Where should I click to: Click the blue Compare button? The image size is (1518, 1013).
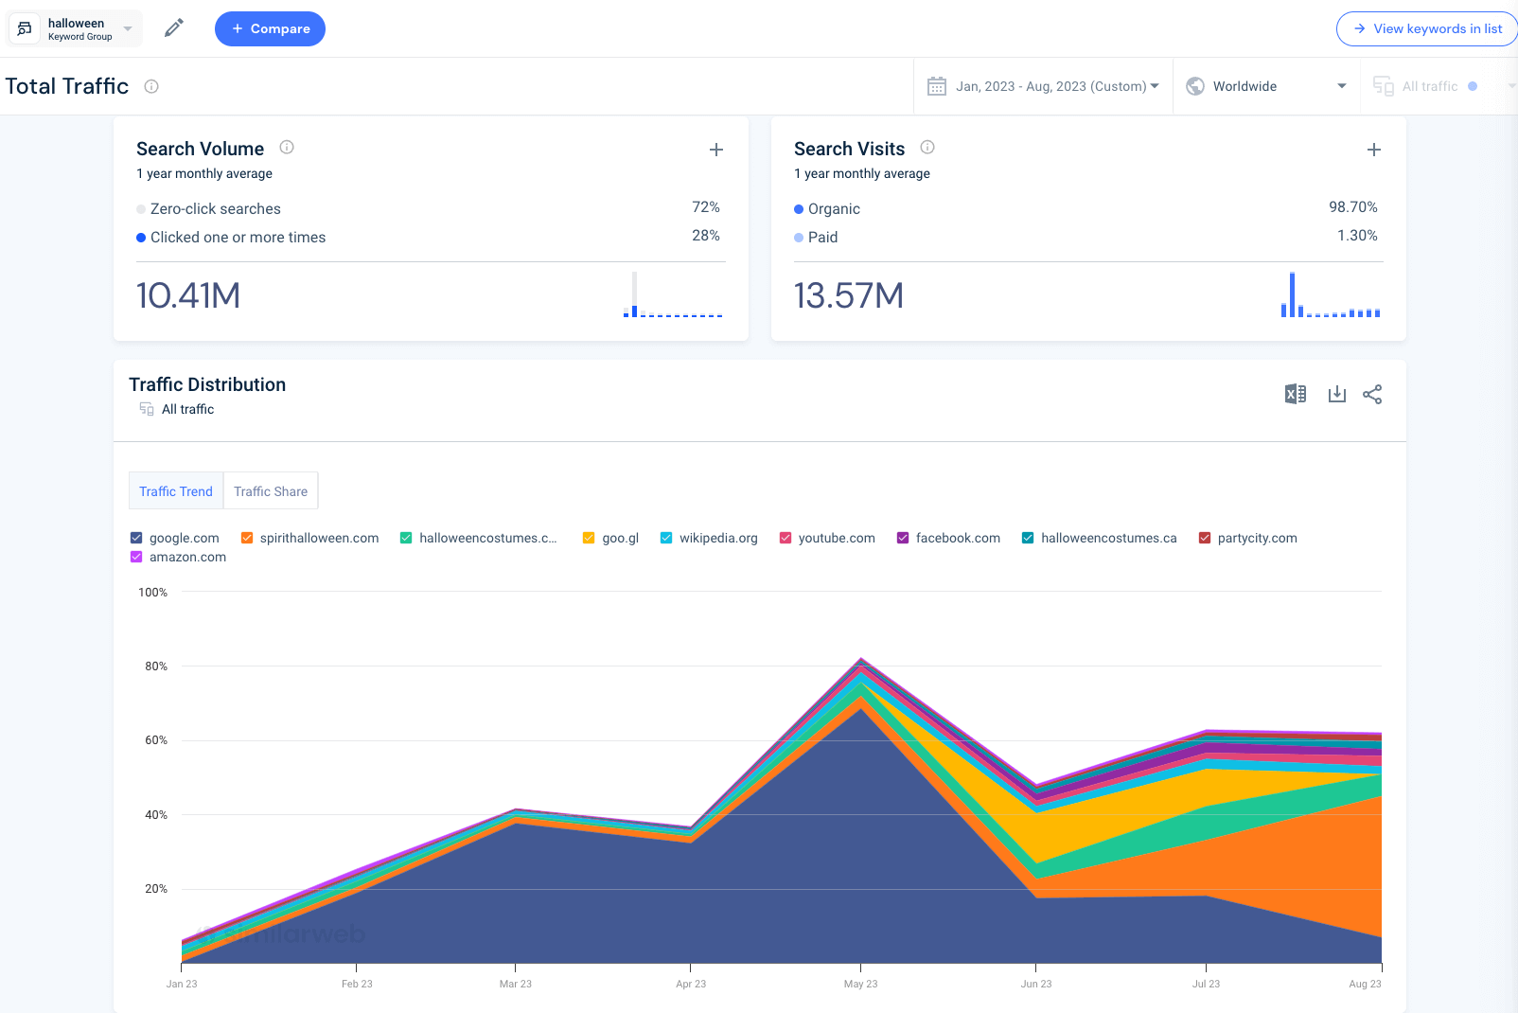click(x=270, y=28)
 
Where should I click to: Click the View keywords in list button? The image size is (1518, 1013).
click(x=1427, y=28)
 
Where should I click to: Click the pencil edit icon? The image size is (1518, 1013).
click(x=173, y=28)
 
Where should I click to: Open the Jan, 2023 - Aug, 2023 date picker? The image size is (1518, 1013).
click(x=1043, y=86)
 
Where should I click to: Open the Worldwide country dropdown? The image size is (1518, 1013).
click(x=1265, y=86)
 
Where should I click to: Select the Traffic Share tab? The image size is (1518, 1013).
click(x=271, y=491)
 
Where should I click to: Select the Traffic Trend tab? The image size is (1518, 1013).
click(x=176, y=491)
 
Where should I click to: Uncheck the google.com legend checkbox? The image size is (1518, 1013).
click(x=136, y=538)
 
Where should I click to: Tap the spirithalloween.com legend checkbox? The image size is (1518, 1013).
click(x=247, y=538)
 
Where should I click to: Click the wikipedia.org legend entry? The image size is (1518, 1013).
click(x=717, y=538)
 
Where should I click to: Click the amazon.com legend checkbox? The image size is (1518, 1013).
click(x=136, y=557)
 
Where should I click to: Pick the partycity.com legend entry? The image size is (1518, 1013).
click(x=1256, y=538)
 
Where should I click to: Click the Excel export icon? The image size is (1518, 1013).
click(x=1295, y=394)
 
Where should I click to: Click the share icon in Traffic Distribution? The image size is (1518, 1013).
click(x=1372, y=394)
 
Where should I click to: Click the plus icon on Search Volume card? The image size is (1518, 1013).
click(x=716, y=150)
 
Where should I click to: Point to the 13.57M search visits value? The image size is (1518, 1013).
click(x=848, y=295)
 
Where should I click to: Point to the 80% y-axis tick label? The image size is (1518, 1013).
click(x=156, y=666)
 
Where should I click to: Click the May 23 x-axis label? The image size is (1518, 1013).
click(x=860, y=984)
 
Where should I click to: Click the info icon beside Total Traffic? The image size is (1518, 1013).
click(x=151, y=86)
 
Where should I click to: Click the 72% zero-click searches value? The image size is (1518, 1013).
click(x=705, y=207)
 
